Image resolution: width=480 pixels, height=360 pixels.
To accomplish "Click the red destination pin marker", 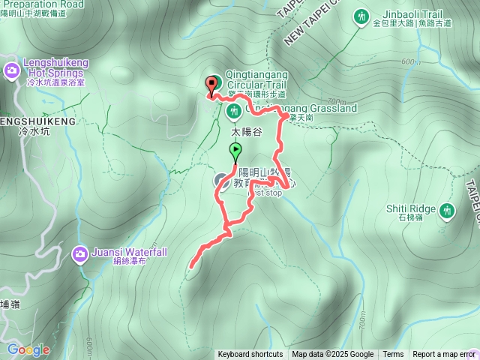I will (211, 83).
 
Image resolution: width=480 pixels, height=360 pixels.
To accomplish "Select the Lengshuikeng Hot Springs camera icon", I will (12, 70).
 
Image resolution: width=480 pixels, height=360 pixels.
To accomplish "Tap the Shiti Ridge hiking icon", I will (448, 211).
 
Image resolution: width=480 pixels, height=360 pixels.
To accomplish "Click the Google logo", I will (28, 349).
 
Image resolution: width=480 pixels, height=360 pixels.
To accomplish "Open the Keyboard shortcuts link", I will (250, 355).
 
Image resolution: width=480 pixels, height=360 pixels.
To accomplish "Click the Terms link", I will (393, 355).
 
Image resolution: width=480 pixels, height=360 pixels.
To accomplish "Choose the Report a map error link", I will (444, 355).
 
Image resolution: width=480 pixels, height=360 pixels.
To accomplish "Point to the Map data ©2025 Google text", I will (333, 355).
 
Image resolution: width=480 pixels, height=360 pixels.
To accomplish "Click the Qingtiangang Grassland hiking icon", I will (233, 112).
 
